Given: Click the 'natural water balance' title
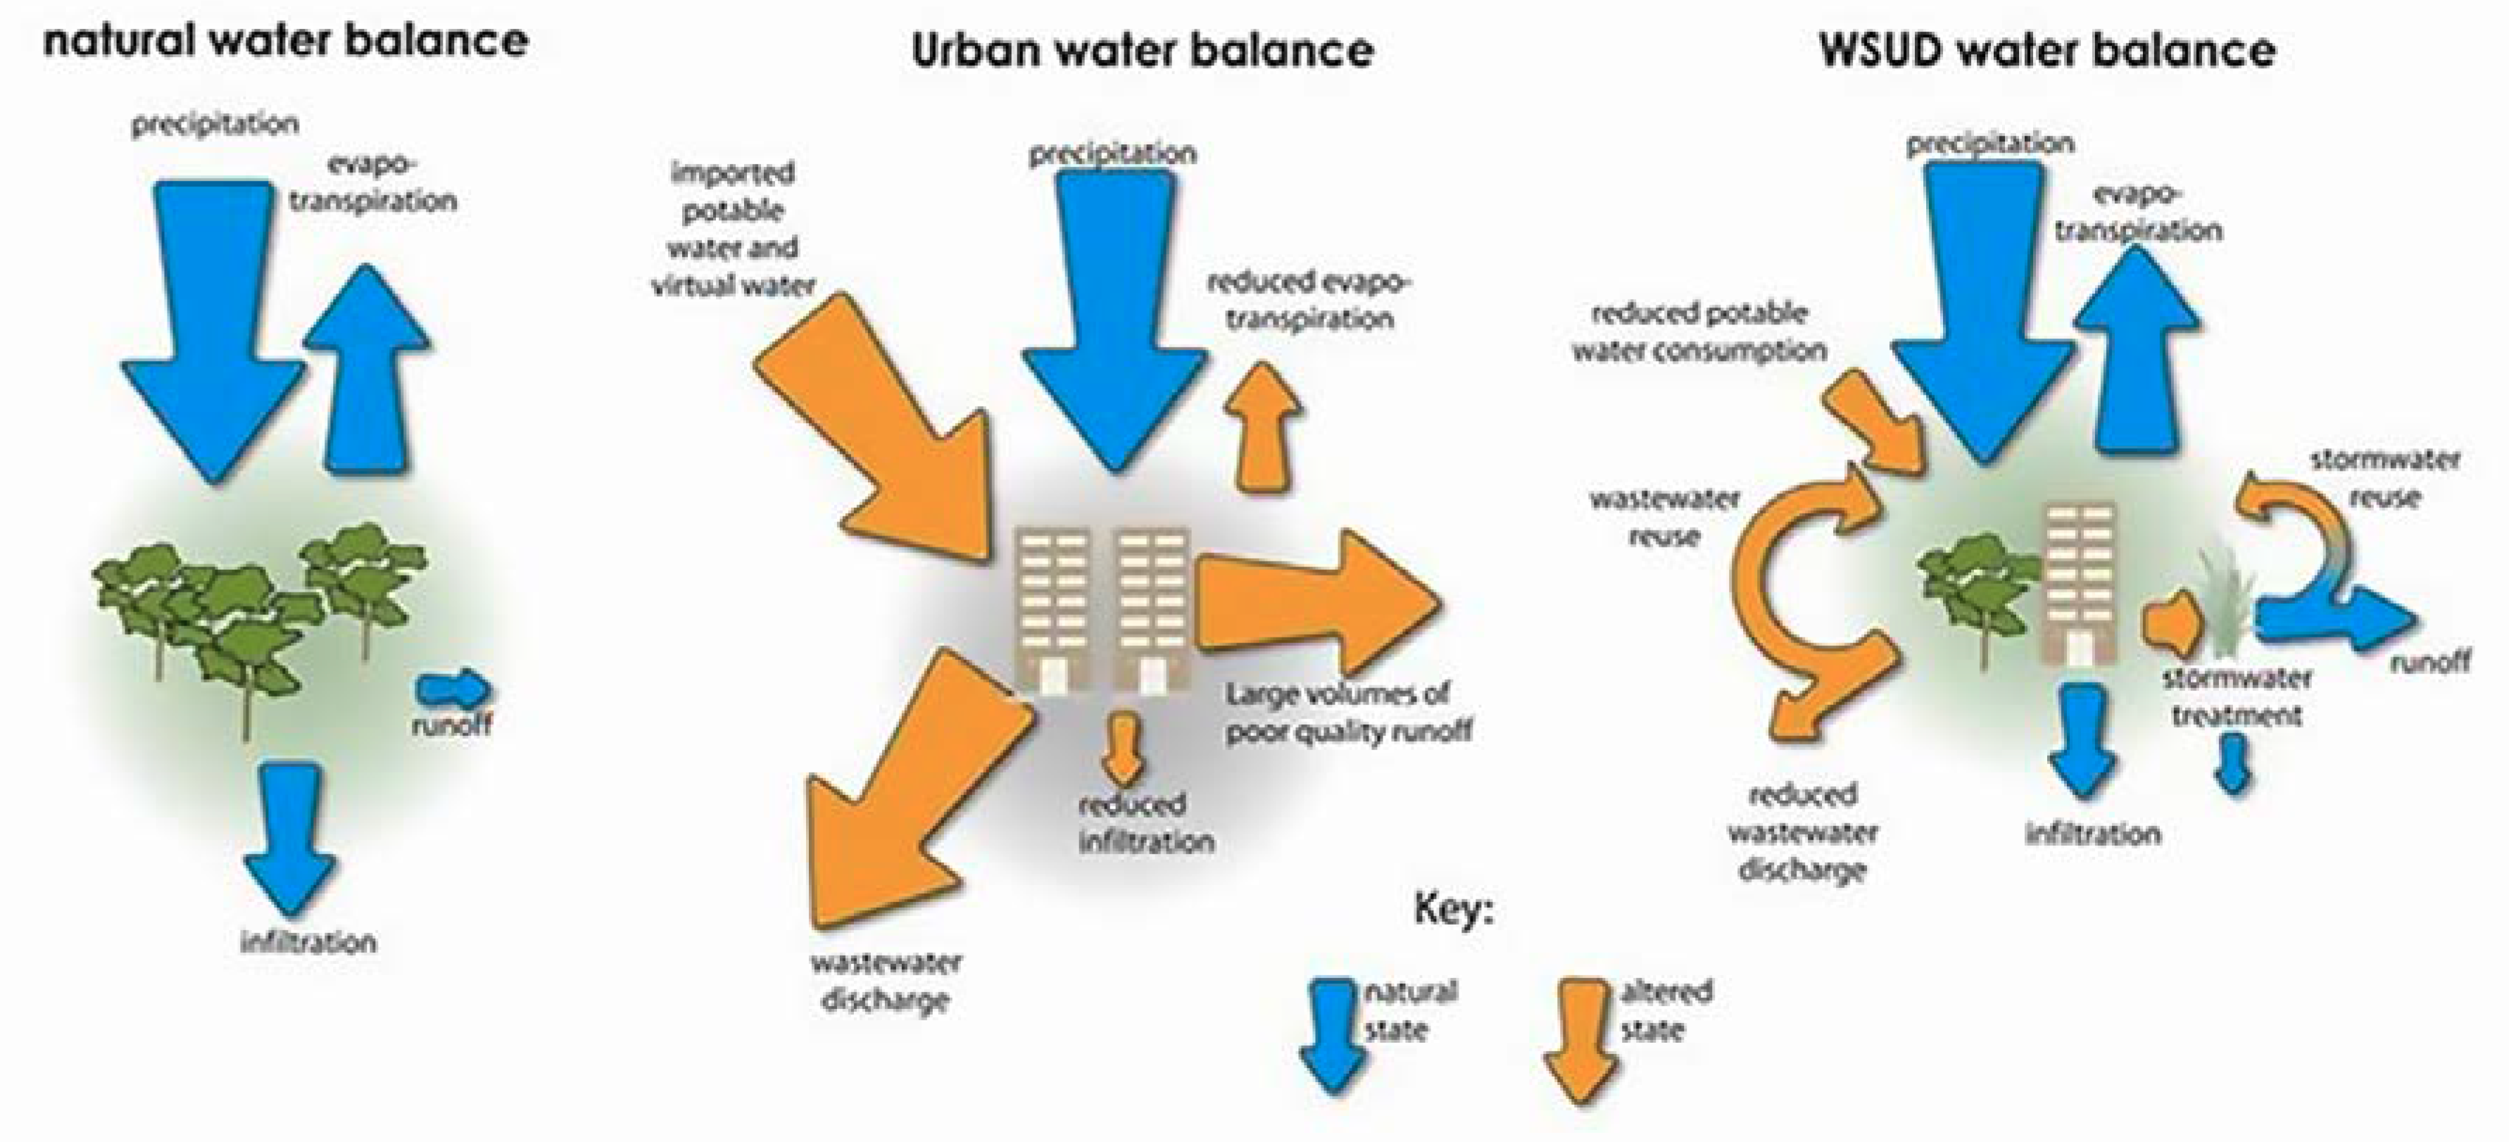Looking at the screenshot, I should coord(285,42).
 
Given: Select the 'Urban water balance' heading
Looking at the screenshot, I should coord(1143,49).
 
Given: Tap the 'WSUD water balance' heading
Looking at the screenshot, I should coord(2047,49).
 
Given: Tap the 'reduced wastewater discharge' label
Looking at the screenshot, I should coord(1802,832).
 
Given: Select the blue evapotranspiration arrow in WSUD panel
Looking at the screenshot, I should coord(2137,350).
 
